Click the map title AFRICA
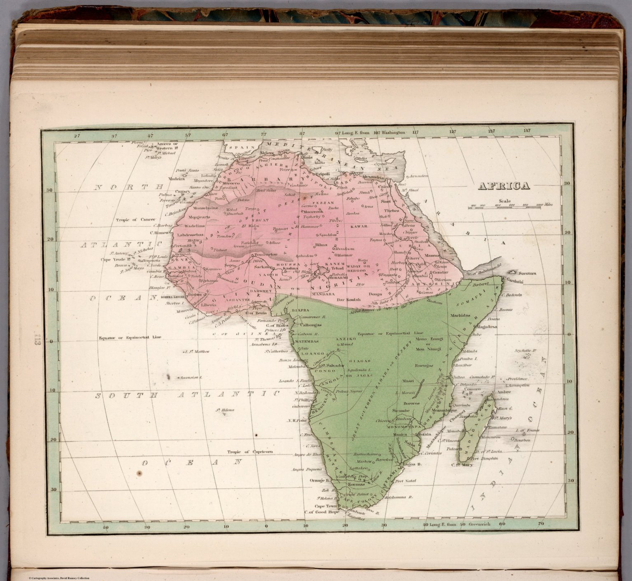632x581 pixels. (x=504, y=186)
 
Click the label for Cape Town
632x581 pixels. (x=325, y=506)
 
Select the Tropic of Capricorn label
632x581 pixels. (x=250, y=452)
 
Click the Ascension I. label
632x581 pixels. (x=190, y=377)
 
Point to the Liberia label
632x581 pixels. (x=208, y=305)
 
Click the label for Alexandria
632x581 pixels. (x=374, y=177)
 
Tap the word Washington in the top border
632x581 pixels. (x=393, y=133)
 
